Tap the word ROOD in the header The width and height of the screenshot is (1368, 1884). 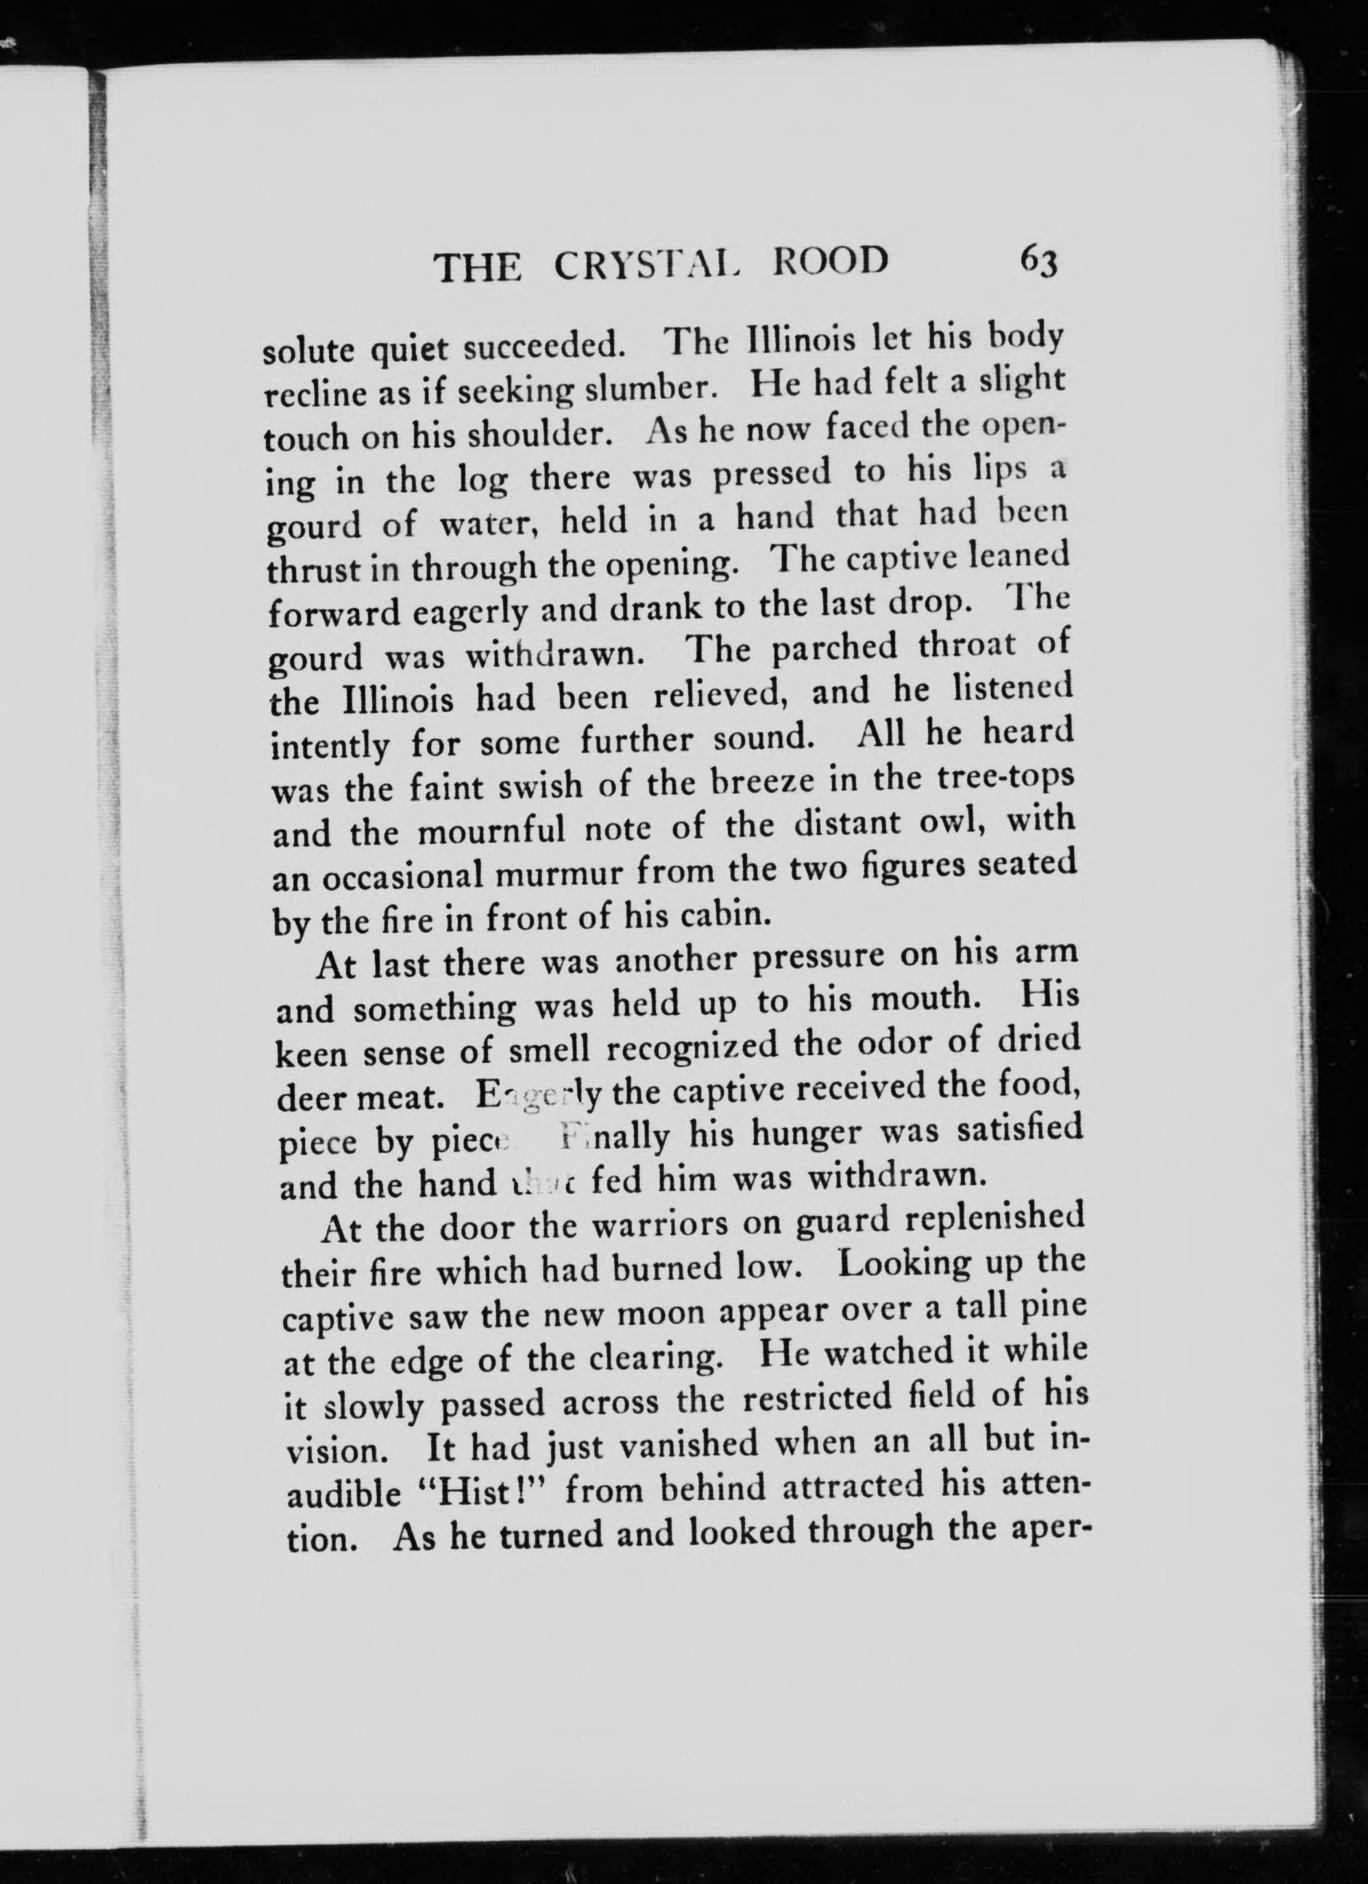tap(830, 262)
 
